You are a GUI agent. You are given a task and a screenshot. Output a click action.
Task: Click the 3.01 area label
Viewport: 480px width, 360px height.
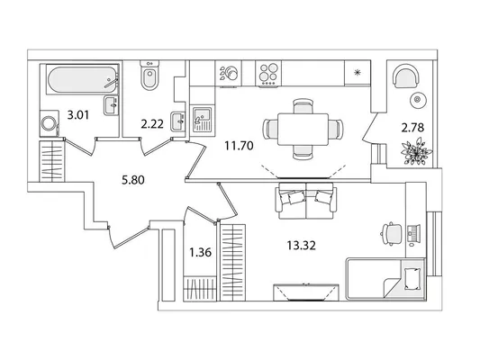pyautogui.click(x=77, y=115)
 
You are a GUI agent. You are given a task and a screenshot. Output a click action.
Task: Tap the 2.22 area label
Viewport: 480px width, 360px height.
pyautogui.click(x=152, y=124)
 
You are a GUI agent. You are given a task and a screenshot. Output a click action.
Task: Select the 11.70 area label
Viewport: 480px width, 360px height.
pyautogui.click(x=239, y=146)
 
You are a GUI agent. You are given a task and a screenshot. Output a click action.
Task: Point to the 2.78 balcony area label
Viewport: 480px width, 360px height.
pyautogui.click(x=412, y=127)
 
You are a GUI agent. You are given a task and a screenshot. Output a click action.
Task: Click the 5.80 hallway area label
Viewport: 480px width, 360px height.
pyautogui.click(x=133, y=180)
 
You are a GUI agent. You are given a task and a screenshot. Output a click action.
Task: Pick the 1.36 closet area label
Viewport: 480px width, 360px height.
pyautogui.click(x=201, y=253)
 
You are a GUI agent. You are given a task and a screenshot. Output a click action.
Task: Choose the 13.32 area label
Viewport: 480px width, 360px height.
pyautogui.click(x=301, y=245)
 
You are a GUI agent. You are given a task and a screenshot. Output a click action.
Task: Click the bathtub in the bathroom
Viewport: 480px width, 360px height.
pyautogui.click(x=82, y=79)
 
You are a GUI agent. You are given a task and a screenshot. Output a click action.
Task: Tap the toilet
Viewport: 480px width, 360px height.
pyautogui.click(x=149, y=76)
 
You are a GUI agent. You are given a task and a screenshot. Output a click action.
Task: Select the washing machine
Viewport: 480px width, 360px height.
pyautogui.click(x=49, y=123)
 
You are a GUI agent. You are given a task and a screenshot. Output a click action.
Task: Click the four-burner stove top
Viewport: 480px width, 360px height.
pyautogui.click(x=268, y=74)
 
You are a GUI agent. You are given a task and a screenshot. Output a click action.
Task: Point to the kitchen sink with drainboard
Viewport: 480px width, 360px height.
pyautogui.click(x=202, y=119)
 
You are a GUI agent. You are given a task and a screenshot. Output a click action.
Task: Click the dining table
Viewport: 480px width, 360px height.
pyautogui.click(x=303, y=129)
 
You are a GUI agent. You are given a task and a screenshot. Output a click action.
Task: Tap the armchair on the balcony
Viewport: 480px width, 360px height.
pyautogui.click(x=405, y=76)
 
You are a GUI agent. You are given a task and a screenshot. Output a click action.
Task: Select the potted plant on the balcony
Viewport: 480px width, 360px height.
pyautogui.click(x=416, y=151)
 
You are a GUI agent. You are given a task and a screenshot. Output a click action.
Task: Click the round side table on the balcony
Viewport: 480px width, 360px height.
pyautogui.click(x=418, y=99)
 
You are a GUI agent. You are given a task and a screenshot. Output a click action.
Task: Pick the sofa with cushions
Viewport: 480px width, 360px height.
pyautogui.click(x=306, y=201)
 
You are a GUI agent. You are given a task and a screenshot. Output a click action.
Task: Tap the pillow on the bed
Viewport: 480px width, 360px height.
pyautogui.click(x=412, y=278)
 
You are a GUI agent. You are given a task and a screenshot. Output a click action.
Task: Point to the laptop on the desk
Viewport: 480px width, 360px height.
pyautogui.click(x=414, y=233)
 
